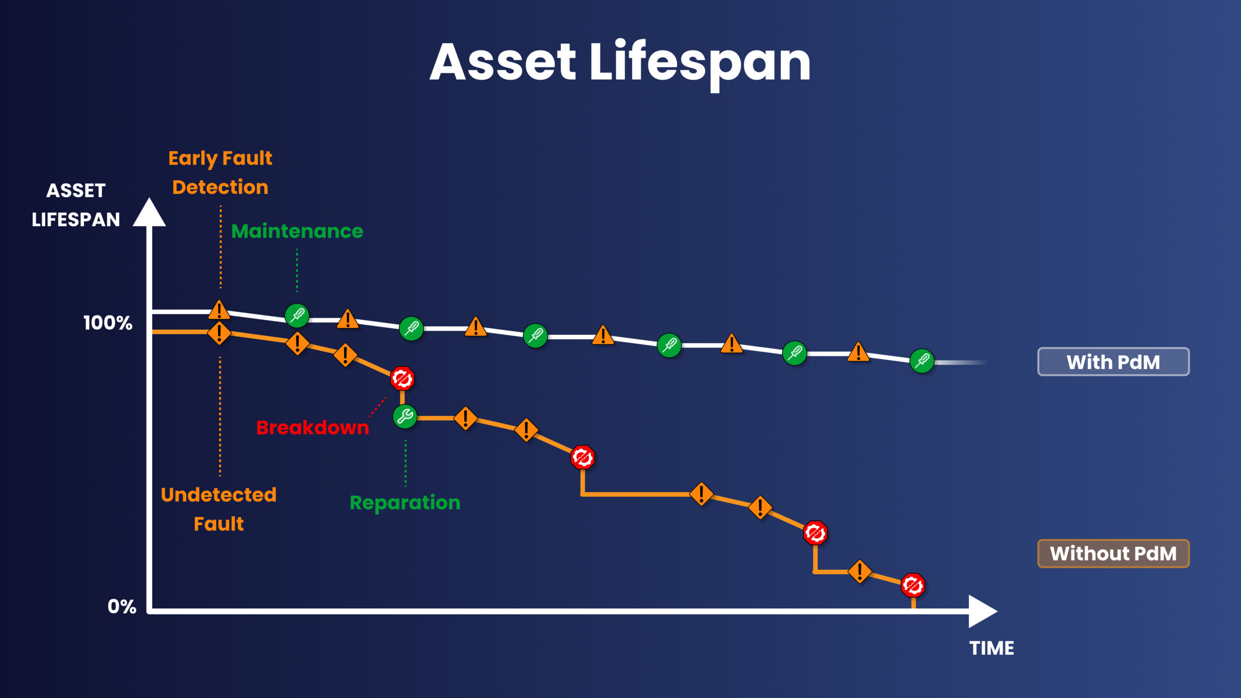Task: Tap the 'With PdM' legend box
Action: pos(1113,362)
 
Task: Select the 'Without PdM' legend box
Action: pos(1113,553)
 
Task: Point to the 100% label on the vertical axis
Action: pos(108,323)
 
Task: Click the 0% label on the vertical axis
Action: pos(122,606)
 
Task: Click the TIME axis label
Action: pos(991,648)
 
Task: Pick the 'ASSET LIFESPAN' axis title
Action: pos(76,205)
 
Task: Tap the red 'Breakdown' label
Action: pos(312,428)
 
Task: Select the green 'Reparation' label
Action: pos(405,503)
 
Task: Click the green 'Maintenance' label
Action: pos(297,231)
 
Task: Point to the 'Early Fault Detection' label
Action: pos(220,173)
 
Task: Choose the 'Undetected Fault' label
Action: pos(219,509)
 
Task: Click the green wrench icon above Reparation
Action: pos(405,416)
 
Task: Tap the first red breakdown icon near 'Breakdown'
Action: pos(402,379)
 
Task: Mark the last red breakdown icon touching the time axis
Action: pos(913,585)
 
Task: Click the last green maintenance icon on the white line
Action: pos(922,361)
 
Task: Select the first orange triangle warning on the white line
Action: pos(219,310)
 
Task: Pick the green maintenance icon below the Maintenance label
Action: pos(297,316)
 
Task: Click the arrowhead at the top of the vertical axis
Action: pos(149,213)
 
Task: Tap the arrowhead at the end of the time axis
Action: pos(982,611)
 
